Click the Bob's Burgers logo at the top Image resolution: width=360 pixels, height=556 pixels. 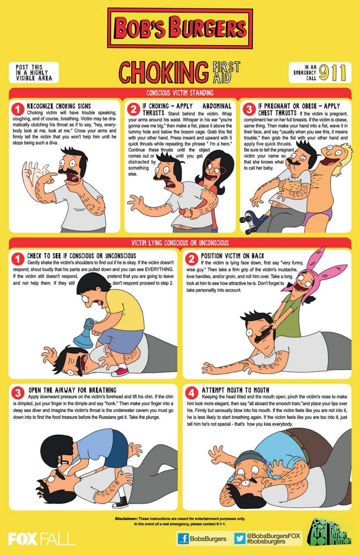(x=180, y=28)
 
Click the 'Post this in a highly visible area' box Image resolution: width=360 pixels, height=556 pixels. (x=34, y=72)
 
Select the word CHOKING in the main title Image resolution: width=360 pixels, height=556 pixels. (x=164, y=72)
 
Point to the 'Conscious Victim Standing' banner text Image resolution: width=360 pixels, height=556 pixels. (x=180, y=93)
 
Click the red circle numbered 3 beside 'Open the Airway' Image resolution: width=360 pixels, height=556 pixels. (x=18, y=393)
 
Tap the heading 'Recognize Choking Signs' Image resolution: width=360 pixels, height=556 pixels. (x=59, y=106)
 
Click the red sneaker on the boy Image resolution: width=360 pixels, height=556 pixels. (x=120, y=372)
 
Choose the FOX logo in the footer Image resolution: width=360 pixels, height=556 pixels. (x=23, y=539)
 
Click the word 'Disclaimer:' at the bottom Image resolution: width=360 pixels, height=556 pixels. (x=126, y=518)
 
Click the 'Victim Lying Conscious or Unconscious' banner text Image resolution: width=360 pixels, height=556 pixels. (x=180, y=243)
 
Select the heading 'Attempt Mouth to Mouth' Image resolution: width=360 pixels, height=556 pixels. (x=235, y=390)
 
